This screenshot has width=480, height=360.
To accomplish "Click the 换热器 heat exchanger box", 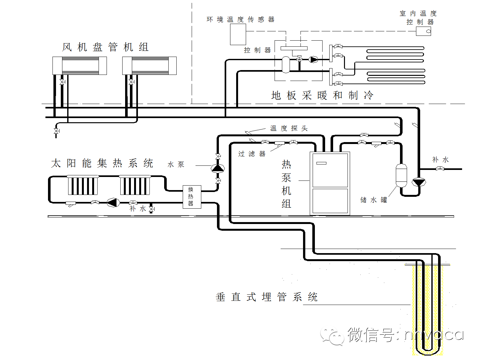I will [x=192, y=197].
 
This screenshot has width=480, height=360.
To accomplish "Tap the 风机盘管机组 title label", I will [x=105, y=47].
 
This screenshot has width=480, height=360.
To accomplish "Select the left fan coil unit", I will [x=79, y=66].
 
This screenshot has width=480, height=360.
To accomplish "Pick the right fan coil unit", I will [x=149, y=66].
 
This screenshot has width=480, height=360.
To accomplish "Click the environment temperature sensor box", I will [x=238, y=34].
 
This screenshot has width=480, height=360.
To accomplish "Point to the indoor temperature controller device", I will [x=423, y=31].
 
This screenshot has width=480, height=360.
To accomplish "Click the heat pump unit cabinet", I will [x=330, y=183].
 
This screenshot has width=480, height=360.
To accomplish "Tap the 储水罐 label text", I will [x=373, y=200].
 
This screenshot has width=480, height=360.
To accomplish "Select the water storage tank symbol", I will [x=401, y=175].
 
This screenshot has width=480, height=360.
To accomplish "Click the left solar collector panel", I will [x=83, y=185].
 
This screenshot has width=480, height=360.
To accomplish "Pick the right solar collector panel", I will [x=135, y=185].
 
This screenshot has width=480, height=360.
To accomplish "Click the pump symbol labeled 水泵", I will [x=218, y=168].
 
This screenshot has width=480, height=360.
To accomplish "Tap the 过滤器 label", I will [x=252, y=154].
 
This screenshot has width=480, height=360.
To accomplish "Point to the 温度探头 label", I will [x=289, y=128].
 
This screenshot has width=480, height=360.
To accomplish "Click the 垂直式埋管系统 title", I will [x=267, y=297].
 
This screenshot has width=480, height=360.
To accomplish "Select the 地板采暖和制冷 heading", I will [x=322, y=95].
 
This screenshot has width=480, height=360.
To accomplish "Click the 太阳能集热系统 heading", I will [x=102, y=163].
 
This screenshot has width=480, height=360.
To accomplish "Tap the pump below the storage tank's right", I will [x=418, y=182].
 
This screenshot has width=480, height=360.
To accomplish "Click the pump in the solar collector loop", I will [x=113, y=202].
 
